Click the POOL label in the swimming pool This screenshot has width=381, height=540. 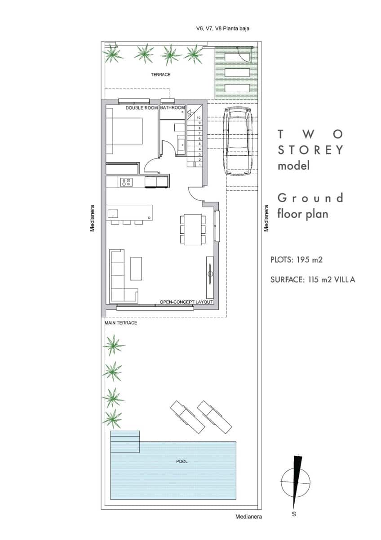(182, 461)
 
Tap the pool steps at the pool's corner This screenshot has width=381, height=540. (125, 441)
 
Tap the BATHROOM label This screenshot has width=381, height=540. (173, 108)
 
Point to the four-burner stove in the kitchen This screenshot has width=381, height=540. (127, 182)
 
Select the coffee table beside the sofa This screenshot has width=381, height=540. (136, 268)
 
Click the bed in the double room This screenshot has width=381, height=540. (124, 131)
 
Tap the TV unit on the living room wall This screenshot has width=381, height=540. (210, 273)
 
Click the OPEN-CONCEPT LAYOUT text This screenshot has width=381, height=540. (186, 302)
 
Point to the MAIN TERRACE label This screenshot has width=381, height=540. (121, 323)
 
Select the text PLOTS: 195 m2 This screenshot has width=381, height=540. (297, 260)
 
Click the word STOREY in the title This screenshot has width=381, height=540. (310, 149)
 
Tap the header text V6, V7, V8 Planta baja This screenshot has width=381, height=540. (222, 28)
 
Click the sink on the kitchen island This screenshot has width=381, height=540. (112, 213)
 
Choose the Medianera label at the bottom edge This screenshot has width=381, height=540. (248, 517)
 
